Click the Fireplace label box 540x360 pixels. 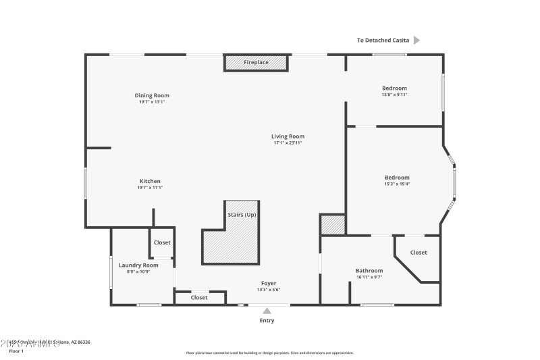tap(256, 63)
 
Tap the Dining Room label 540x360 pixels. tap(152, 95)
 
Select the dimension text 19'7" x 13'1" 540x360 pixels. tap(152, 102)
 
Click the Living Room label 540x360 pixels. tap(288, 136)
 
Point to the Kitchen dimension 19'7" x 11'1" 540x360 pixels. tap(150, 188)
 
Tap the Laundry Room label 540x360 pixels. tap(138, 265)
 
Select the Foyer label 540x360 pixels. tap(269, 283)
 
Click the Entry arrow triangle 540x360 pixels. tap(267, 311)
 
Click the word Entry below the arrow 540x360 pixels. tap(267, 320)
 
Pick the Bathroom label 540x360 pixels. tap(369, 270)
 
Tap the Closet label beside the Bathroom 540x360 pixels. tap(418, 253)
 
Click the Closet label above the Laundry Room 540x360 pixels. tap(162, 242)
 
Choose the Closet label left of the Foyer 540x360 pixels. tap(199, 297)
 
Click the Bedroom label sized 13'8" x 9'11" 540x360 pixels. tap(394, 88)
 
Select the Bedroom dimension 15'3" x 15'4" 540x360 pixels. tap(397, 184)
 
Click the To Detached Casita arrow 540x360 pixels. tap(416, 41)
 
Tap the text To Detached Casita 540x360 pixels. tap(383, 41)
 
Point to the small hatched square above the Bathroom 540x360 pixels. tap(333, 224)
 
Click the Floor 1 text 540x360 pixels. tap(16, 351)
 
